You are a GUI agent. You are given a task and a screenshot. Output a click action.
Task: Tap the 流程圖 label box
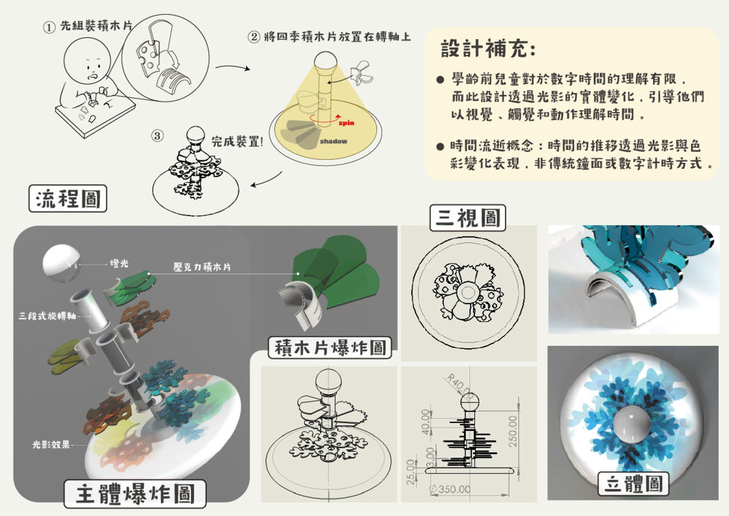(68, 199)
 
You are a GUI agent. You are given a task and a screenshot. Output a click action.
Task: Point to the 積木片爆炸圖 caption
(331, 348)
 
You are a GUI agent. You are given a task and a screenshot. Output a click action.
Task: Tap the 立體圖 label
(634, 484)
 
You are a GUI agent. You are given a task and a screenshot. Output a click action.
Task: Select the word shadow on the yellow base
(334, 142)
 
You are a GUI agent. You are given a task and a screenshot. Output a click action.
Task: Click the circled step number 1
(49, 27)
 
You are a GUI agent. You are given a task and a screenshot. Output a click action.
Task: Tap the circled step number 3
(157, 136)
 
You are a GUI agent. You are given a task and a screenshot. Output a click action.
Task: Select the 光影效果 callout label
(52, 445)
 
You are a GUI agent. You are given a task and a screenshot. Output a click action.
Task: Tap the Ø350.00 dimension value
(450, 489)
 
